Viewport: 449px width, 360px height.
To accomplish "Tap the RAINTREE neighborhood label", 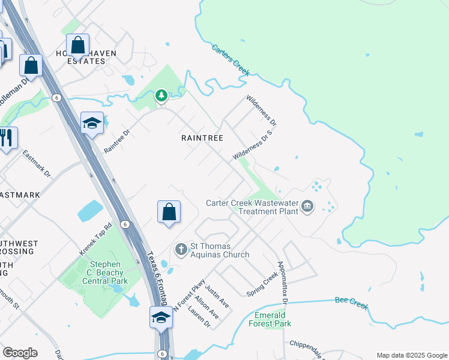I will tap(202, 138).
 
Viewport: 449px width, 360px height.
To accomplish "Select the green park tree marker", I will tap(161, 95).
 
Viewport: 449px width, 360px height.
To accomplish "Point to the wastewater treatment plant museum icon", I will tap(307, 207).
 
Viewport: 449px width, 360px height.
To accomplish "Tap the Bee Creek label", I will tap(351, 302).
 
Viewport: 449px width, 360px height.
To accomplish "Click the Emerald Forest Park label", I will tap(273, 319).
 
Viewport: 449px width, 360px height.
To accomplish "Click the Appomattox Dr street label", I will tap(282, 281).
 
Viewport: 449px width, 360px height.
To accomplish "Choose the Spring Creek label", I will tap(262, 284).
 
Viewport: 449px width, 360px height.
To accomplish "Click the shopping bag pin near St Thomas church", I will tap(169, 212).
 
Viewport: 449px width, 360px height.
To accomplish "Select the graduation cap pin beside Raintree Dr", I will tap(92, 123).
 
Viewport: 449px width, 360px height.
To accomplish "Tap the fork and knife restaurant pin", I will tap(7, 138).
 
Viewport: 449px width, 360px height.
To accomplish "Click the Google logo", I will tap(20, 353).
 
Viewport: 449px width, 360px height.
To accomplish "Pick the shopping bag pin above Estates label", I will tap(78, 44).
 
